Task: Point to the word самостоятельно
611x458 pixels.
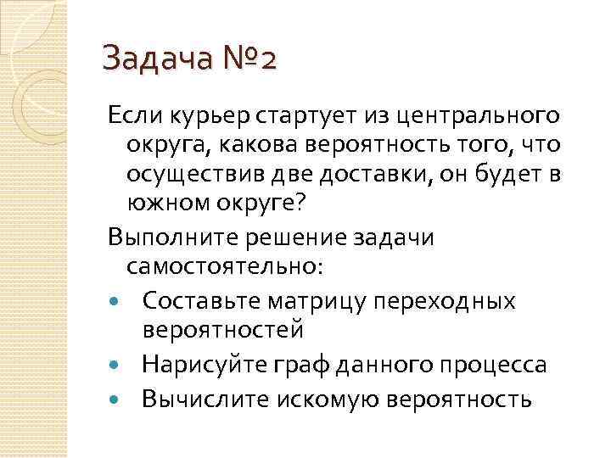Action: (222, 267)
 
